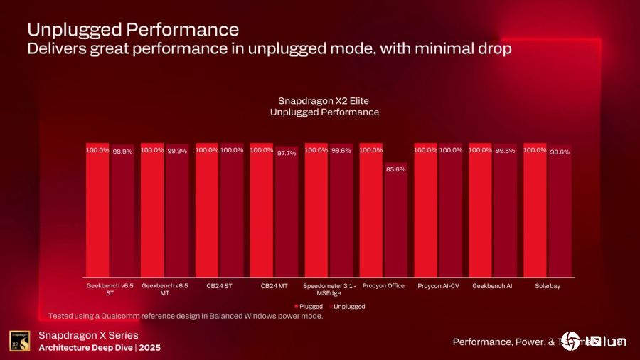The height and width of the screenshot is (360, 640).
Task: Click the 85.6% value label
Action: pos(395,169)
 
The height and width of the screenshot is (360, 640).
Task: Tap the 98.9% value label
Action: pos(122,152)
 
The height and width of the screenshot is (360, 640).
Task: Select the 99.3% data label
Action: pos(177,150)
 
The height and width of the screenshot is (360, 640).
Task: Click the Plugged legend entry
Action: pos(308,307)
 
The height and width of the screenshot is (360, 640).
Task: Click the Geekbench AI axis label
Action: pos(492,285)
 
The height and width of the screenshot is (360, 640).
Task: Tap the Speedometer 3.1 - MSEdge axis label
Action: pos(329,289)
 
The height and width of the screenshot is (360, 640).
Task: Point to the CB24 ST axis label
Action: pos(219,285)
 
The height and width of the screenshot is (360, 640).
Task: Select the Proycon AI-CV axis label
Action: pos(438,285)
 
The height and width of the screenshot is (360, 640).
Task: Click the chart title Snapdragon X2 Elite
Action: pos(324,100)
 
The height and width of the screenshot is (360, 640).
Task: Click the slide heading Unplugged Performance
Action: pos(132,30)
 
